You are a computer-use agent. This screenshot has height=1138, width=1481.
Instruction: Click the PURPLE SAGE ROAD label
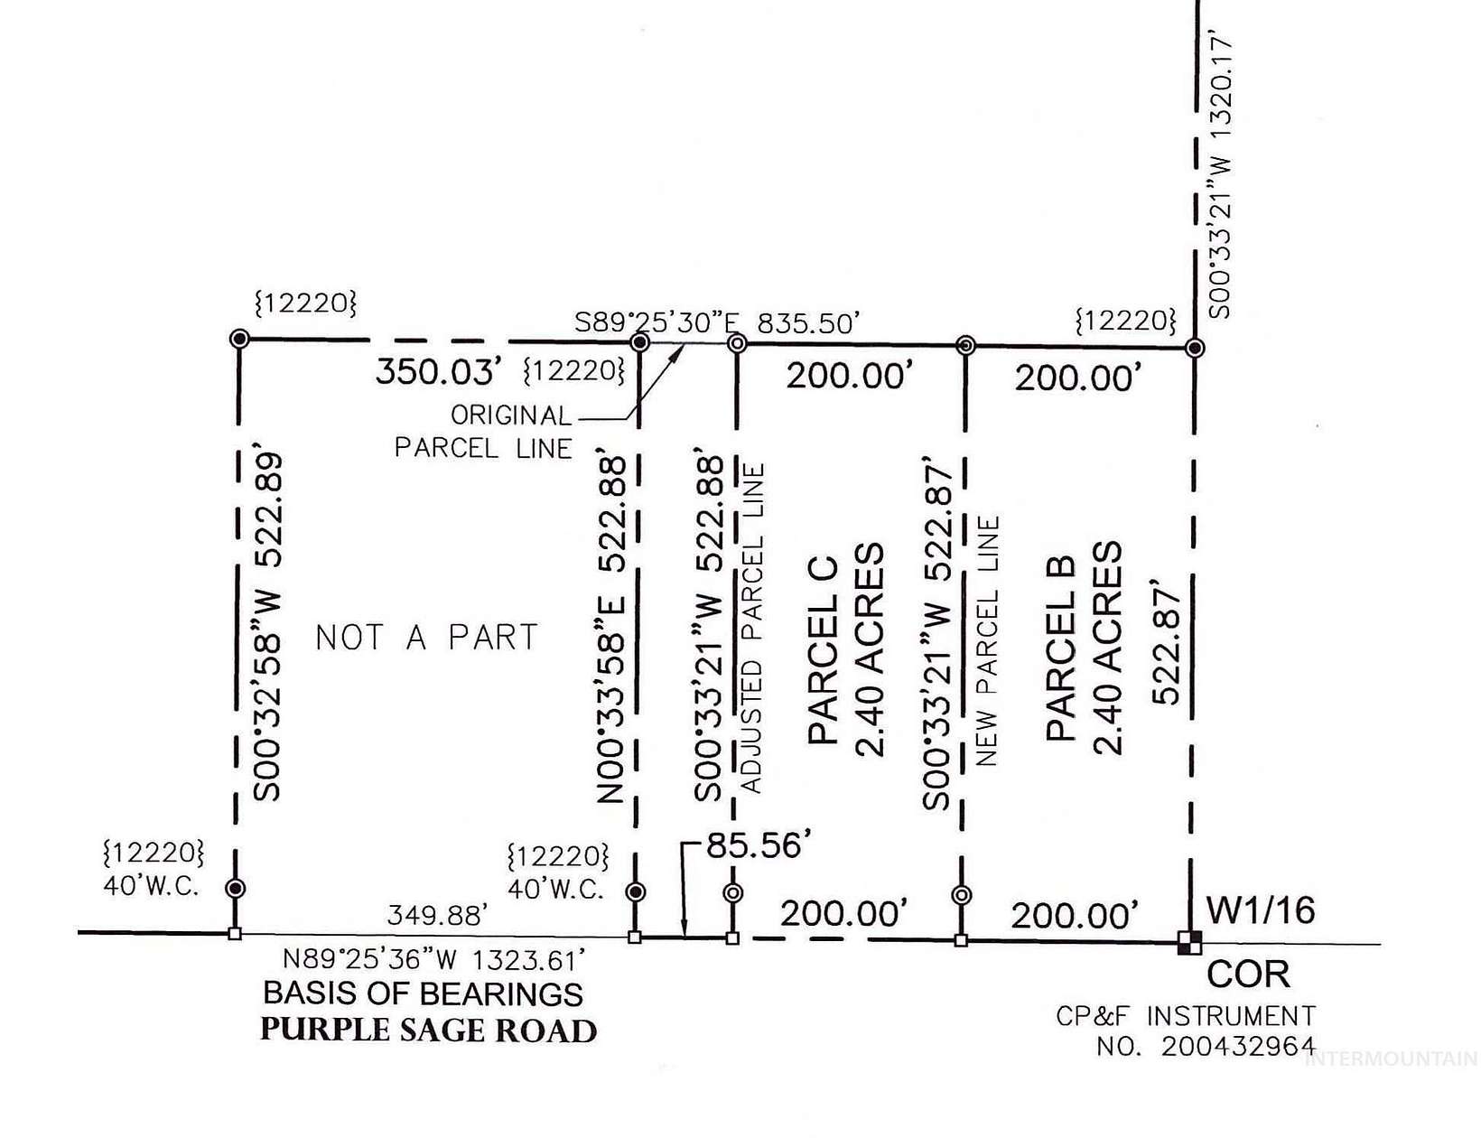[x=428, y=1031]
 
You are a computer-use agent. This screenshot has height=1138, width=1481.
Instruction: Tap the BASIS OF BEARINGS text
[x=423, y=993]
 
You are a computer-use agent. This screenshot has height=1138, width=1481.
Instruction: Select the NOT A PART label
[x=426, y=638]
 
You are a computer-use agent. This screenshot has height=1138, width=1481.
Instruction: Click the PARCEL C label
[x=824, y=650]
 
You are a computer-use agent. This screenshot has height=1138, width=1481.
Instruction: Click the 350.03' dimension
[x=439, y=371]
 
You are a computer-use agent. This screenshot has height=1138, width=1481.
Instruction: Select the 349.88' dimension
[x=438, y=916]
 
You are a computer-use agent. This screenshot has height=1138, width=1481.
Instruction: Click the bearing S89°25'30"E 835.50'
[x=717, y=322]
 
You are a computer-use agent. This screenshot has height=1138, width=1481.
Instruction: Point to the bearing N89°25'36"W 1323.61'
[x=434, y=958]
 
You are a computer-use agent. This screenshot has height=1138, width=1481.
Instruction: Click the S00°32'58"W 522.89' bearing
[x=268, y=627]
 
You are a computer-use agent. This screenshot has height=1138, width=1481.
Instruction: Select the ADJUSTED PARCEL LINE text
[x=751, y=629]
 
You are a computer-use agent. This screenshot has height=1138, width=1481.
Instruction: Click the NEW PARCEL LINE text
[x=988, y=641]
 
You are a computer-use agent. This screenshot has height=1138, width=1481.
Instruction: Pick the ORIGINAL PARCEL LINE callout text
[x=484, y=432]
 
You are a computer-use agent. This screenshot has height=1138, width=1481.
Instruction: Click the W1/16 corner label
[x=1261, y=910]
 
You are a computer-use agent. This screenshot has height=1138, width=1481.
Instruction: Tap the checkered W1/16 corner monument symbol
[x=1189, y=942]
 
